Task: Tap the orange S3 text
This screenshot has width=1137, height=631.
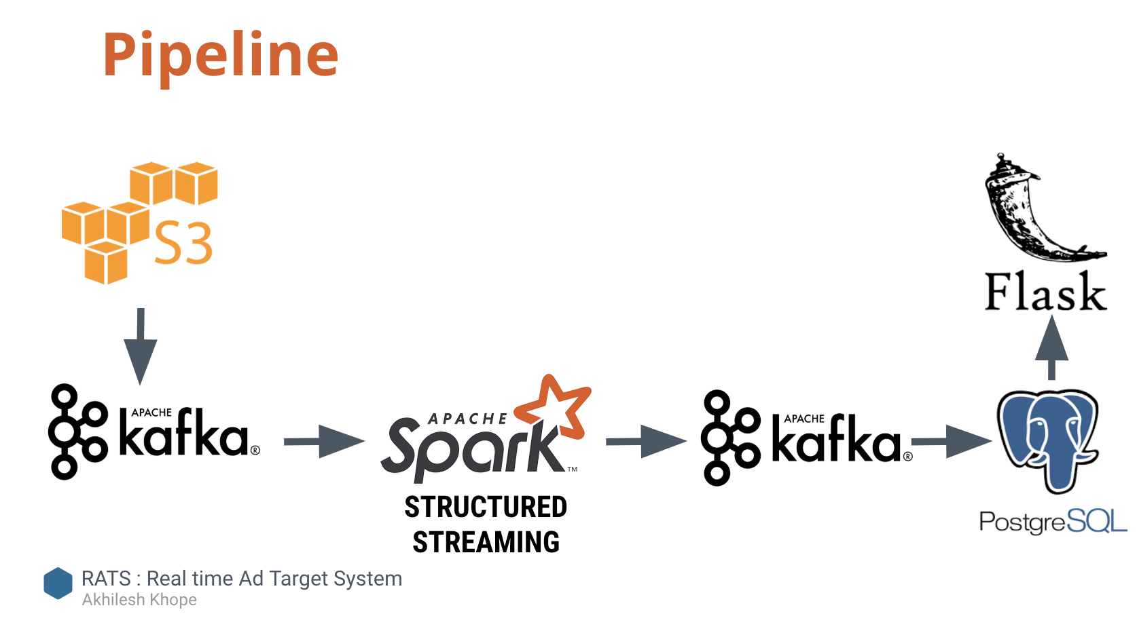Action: [183, 244]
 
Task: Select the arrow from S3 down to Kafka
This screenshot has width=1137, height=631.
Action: [141, 346]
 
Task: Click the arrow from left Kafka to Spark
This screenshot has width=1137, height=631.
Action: [323, 442]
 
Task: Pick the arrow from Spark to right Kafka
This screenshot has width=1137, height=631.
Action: [645, 442]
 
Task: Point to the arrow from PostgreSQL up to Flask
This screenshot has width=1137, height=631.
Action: [1051, 347]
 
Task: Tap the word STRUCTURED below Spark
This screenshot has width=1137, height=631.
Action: [486, 508]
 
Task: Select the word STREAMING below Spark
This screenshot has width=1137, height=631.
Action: [486, 543]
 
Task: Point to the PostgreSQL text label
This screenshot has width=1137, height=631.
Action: [1052, 522]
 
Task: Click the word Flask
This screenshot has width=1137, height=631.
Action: [1045, 292]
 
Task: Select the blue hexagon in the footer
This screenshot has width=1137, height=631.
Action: [58, 584]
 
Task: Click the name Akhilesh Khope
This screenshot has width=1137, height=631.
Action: [139, 600]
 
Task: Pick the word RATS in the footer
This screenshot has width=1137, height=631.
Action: [106, 579]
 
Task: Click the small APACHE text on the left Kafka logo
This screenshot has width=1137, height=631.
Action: [151, 413]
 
